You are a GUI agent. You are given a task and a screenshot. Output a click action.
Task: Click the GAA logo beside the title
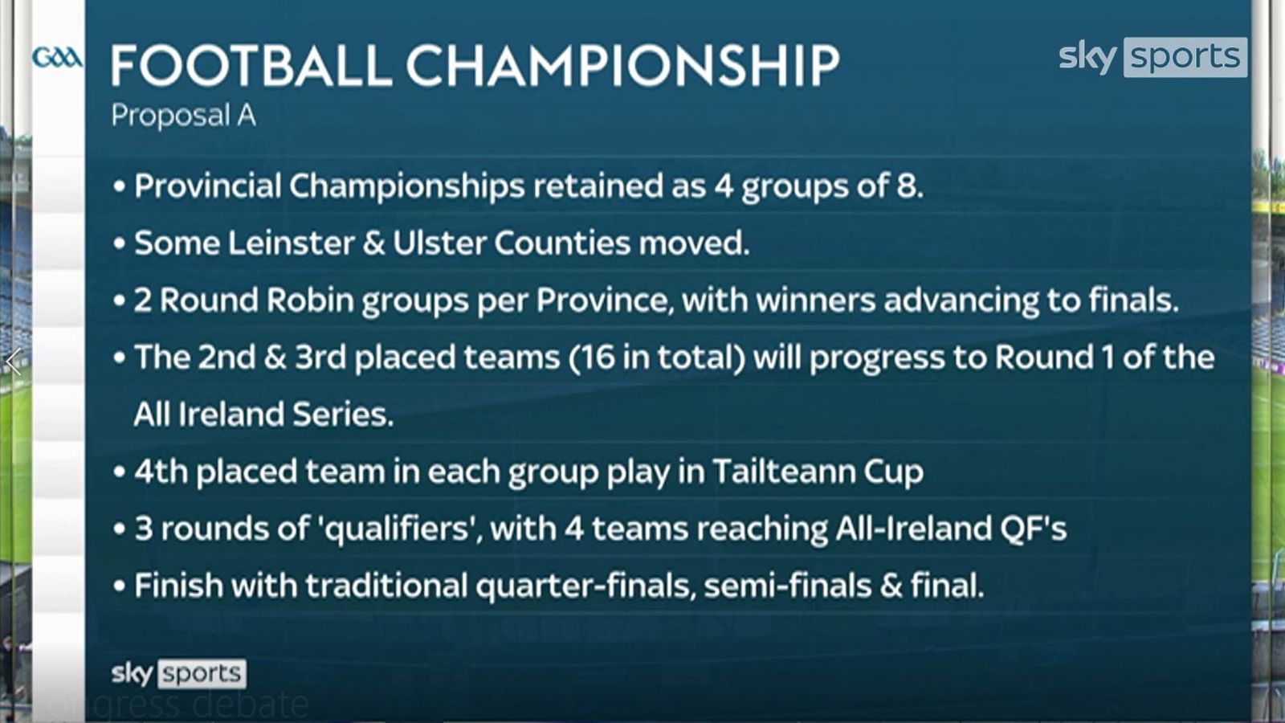click(56, 58)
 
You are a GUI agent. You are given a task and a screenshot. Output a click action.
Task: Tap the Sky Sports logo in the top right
click(1152, 57)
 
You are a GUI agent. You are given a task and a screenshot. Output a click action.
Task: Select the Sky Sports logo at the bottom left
click(178, 673)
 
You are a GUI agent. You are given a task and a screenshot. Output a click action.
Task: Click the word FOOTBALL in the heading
click(251, 66)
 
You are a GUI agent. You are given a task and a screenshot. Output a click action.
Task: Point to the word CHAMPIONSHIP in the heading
click(622, 66)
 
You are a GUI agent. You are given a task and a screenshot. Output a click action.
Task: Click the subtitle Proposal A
click(183, 116)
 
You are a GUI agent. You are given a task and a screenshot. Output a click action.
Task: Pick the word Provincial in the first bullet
click(207, 186)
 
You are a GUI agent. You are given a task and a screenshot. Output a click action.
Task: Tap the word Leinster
click(291, 243)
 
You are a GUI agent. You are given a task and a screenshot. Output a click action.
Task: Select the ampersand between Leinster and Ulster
click(373, 243)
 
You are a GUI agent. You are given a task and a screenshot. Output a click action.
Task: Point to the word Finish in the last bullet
click(178, 586)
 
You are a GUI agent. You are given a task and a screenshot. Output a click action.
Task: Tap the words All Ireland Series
click(263, 415)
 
